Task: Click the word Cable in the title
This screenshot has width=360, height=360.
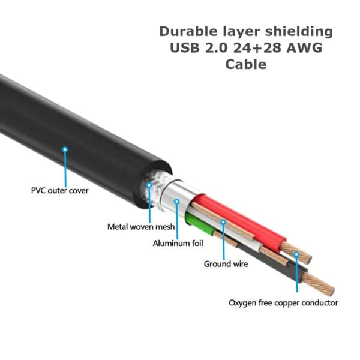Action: (245, 64)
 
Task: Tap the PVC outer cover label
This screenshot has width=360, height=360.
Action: (59, 191)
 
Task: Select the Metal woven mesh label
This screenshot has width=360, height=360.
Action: (141, 227)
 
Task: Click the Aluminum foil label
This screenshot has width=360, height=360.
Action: (178, 243)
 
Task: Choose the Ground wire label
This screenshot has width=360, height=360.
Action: (226, 263)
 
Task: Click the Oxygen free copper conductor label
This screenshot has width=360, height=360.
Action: (283, 303)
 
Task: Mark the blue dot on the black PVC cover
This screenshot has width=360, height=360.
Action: (65, 148)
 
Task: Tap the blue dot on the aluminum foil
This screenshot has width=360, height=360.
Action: (177, 202)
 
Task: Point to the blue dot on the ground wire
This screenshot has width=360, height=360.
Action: (223, 222)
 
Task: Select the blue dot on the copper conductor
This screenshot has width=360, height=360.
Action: (296, 254)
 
